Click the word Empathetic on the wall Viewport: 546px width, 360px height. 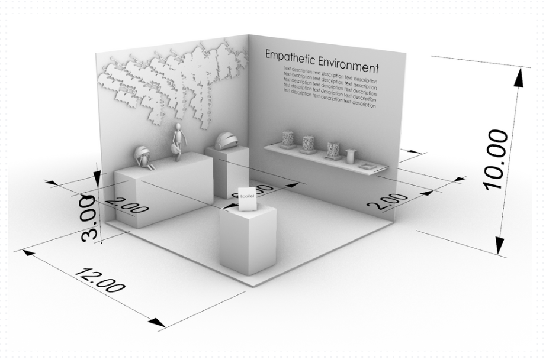288,57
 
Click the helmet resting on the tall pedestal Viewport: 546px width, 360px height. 227,141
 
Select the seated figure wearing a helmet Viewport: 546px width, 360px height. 144,157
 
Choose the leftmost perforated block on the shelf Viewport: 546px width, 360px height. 287,140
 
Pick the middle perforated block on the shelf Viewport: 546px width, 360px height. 308,144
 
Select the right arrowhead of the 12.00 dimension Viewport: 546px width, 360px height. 158,323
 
